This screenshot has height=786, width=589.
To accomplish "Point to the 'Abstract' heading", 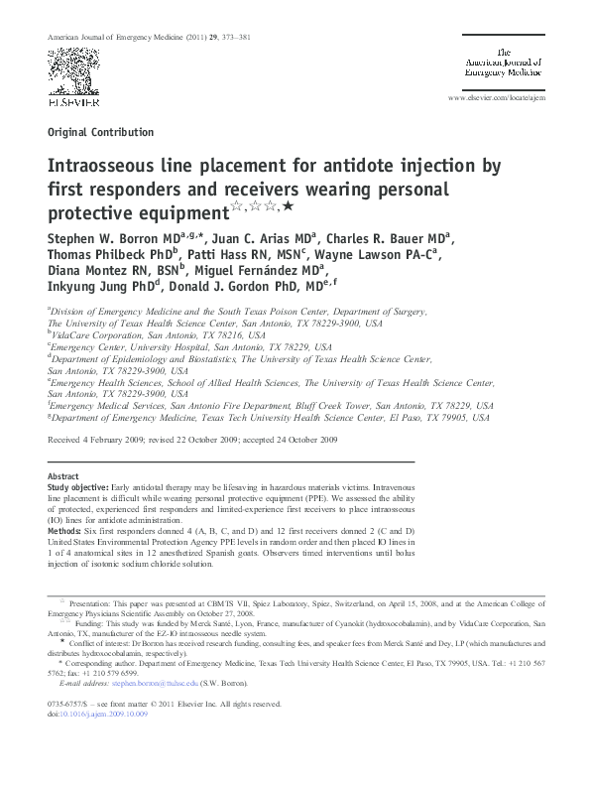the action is [63, 477].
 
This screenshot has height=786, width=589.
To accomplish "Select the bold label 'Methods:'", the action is [67, 533].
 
